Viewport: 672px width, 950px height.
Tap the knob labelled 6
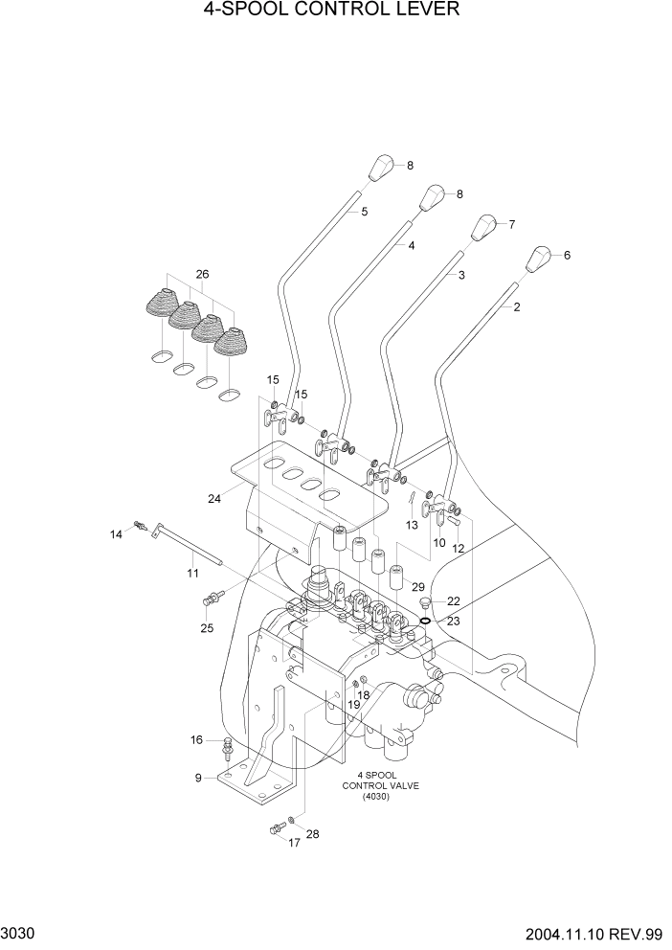pos(541,260)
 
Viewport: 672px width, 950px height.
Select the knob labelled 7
pos(487,229)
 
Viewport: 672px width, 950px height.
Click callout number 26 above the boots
pos(202,275)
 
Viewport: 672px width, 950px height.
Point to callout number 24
pos(214,497)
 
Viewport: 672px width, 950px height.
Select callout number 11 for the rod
pos(192,573)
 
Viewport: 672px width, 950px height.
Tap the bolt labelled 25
pos(212,599)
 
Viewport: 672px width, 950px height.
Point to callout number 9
pos(198,778)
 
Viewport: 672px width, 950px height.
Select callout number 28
pos(312,833)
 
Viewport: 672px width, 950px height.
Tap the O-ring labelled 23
pos(423,620)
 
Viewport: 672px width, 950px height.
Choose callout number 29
pos(417,585)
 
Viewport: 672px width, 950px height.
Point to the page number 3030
pos(20,931)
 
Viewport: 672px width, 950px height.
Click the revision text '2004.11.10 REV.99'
pos(594,931)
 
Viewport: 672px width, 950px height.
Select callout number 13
pos(412,525)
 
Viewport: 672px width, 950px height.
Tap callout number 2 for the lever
pos(517,307)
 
